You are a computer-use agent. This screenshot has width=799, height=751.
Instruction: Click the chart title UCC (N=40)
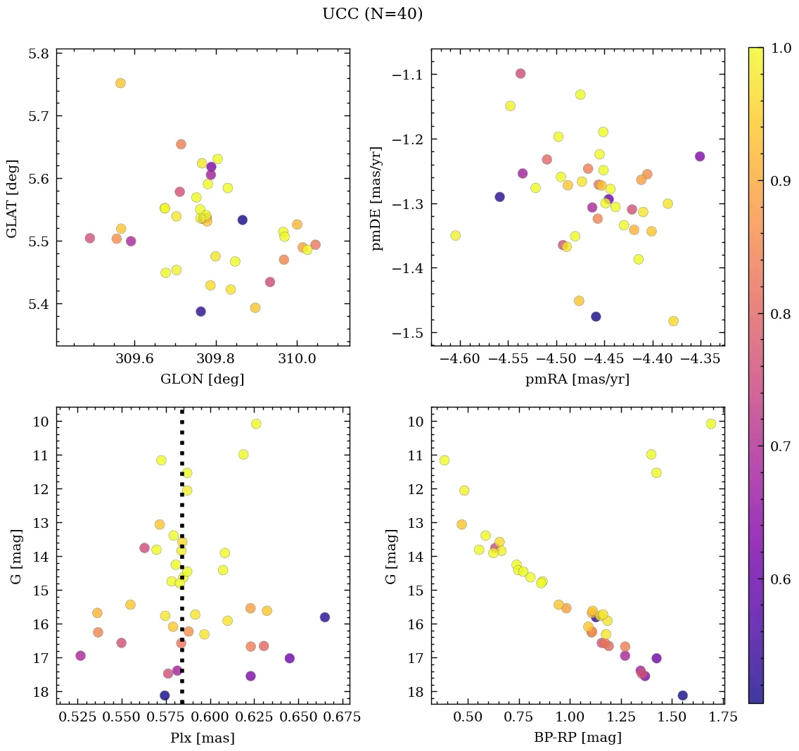(372, 14)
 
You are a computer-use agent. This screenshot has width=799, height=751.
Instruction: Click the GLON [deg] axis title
(203, 379)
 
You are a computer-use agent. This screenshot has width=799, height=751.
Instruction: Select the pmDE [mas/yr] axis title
(378, 198)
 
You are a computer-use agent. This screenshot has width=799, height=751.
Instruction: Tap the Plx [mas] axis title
(203, 738)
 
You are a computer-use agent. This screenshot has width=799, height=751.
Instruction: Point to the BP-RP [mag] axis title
(577, 738)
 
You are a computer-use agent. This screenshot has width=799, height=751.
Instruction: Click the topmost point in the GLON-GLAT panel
(120, 83)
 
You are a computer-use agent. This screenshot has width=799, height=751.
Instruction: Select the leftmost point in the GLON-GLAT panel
(90, 238)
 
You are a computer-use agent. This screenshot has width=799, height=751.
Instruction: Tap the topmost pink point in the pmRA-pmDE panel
(520, 73)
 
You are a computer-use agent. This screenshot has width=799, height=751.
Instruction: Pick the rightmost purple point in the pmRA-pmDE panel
(700, 156)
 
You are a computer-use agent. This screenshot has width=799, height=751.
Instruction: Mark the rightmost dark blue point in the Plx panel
(325, 617)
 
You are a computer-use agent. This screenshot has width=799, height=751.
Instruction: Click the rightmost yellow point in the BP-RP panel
(711, 424)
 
